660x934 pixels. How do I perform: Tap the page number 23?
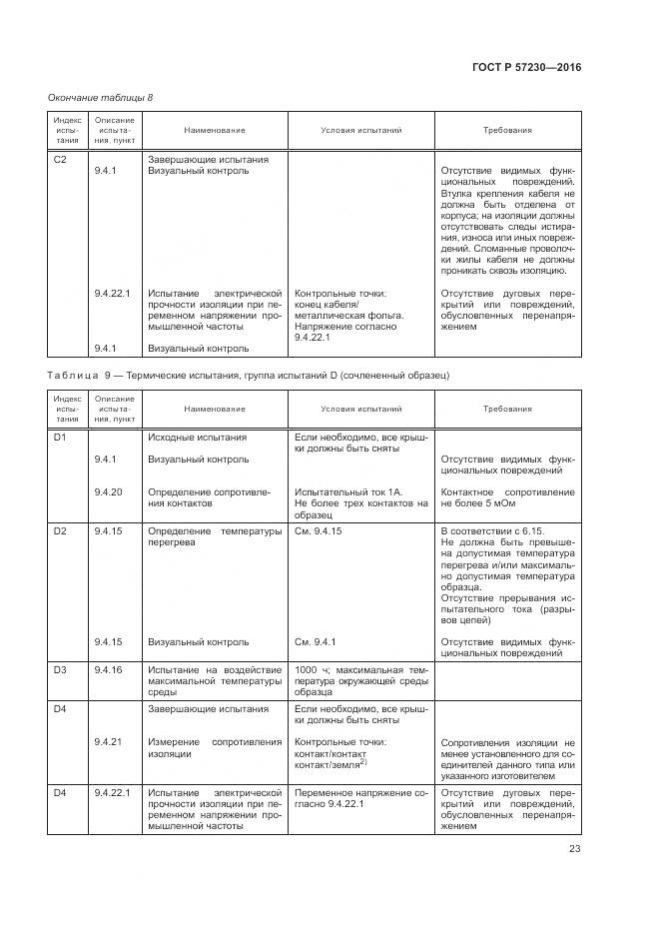574,849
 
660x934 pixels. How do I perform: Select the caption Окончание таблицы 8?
100,97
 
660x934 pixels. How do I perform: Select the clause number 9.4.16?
108,669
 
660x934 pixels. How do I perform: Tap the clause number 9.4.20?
108,491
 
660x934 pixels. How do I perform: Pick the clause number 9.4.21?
108,742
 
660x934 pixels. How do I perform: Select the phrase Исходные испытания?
198,438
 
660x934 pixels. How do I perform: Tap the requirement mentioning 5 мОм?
507,497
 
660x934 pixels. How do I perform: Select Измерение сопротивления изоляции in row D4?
215,748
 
